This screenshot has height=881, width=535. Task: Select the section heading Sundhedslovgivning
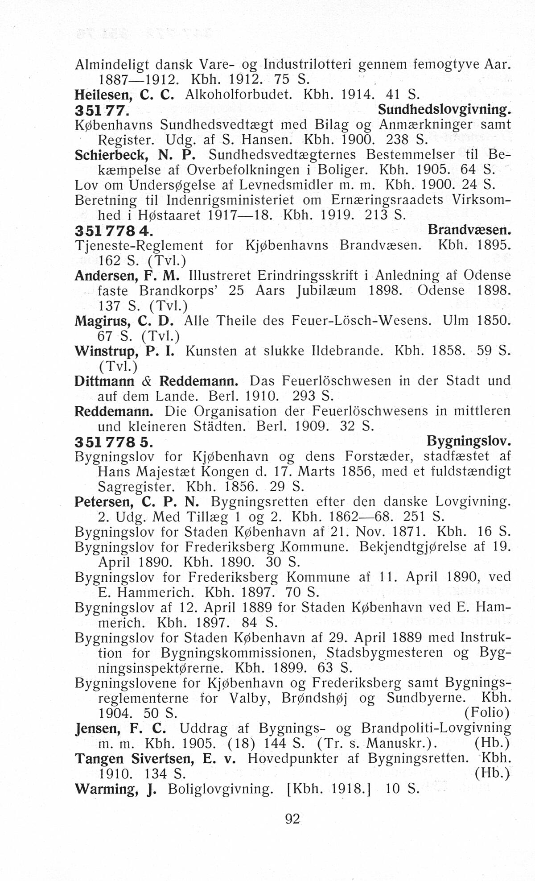(x=444, y=109)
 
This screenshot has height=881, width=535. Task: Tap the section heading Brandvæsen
(x=469, y=230)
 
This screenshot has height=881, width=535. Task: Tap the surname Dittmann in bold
(x=105, y=381)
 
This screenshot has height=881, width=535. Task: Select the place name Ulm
(x=456, y=321)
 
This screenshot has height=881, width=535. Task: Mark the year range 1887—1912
(x=138, y=79)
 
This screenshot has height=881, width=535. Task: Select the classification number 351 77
(x=102, y=110)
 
